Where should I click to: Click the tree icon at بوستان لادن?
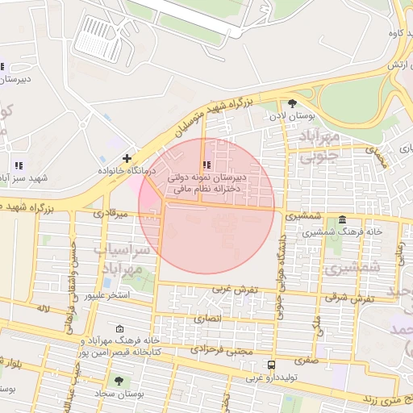click(x=292, y=103)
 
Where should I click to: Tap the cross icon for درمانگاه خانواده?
click(x=127, y=158)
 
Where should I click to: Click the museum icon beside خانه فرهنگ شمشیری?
click(x=343, y=219)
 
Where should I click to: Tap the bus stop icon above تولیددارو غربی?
click(x=270, y=364)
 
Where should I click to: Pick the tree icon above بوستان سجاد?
click(x=119, y=380)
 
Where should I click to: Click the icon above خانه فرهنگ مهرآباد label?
click(x=120, y=329)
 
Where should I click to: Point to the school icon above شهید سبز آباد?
click(x=19, y=165)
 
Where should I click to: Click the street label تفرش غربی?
click(x=234, y=289)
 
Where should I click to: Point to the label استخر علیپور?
click(x=119, y=296)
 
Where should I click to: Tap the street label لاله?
click(x=43, y=308)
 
